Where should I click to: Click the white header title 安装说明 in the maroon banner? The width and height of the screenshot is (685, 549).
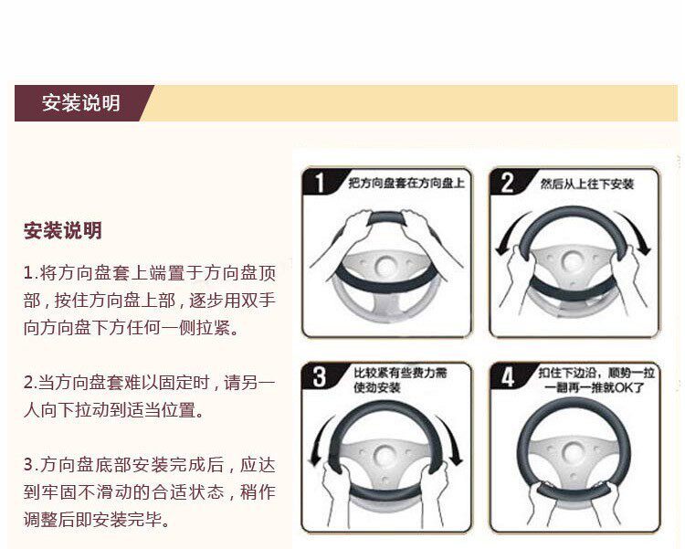pos(80,103)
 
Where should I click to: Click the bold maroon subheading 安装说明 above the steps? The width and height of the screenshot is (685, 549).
pos(62,231)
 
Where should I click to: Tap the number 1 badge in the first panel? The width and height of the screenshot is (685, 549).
pos(321,183)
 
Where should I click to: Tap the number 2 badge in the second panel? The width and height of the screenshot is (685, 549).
pos(508,183)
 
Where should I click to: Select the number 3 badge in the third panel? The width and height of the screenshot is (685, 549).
pos(320,376)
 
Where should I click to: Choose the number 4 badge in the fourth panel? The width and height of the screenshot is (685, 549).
pos(507,376)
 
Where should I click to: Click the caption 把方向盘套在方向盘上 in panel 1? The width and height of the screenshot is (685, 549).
pos(406,183)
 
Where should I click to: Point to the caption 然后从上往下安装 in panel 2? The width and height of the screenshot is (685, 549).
pos(586,184)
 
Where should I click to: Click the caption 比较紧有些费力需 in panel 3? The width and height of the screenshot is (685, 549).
pos(401,373)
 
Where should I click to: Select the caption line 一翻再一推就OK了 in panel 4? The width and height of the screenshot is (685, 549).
pos(595,387)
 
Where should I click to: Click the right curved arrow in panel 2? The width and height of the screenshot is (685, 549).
pos(635,233)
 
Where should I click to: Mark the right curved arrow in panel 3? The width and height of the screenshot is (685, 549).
pos(451,438)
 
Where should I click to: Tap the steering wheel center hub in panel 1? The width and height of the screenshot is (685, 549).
pos(385,265)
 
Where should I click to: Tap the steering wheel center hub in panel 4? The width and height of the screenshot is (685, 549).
pos(573,454)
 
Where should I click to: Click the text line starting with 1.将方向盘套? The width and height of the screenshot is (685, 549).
pos(150,273)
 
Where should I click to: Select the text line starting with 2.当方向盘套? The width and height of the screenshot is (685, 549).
pos(150,383)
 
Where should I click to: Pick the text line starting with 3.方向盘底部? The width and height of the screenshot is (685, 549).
pos(150,465)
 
